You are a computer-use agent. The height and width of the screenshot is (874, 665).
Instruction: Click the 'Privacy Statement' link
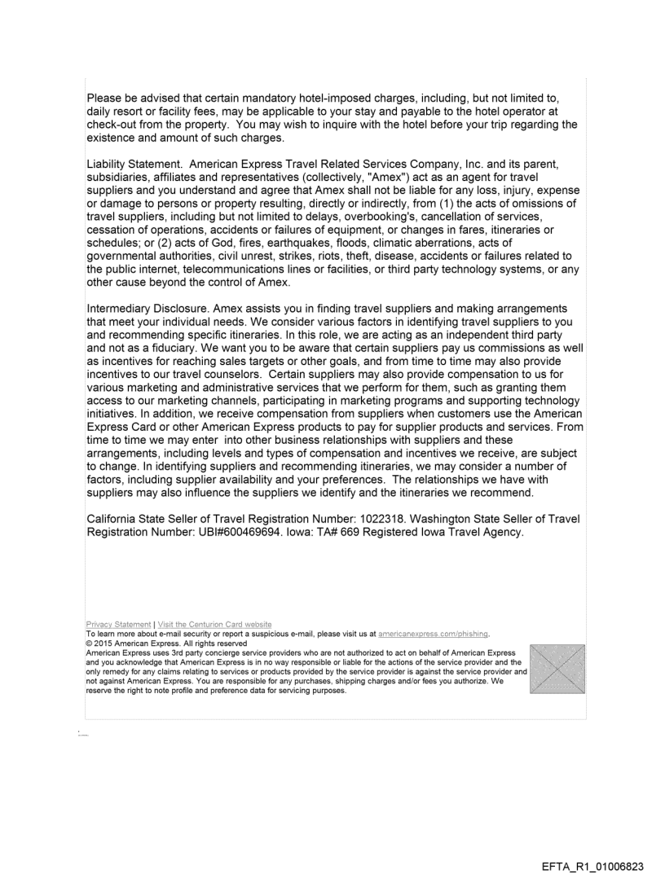pyautogui.click(x=119, y=625)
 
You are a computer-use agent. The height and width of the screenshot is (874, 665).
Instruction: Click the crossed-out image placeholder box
pyautogui.click(x=557, y=669)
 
